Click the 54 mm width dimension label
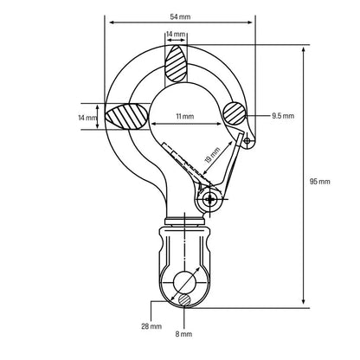[x=180, y=16]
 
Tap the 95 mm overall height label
[x=319, y=182]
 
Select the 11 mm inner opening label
[x=185, y=116]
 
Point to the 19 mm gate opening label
[x=213, y=155]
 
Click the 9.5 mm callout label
[x=283, y=116]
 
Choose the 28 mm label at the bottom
[x=151, y=326]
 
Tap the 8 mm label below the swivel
[x=183, y=334]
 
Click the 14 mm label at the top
[x=176, y=34]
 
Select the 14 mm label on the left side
[x=87, y=118]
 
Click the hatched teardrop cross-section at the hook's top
[x=176, y=63]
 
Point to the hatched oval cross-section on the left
[x=127, y=117]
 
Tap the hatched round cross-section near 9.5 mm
[x=235, y=113]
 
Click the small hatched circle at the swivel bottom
[x=184, y=300]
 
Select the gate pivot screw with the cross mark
[x=209, y=199]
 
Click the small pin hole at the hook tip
[x=247, y=141]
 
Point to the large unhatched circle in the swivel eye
[x=184, y=282]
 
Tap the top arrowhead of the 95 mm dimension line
[x=303, y=49]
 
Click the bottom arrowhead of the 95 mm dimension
[x=303, y=301]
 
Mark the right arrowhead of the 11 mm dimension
[x=218, y=124]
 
